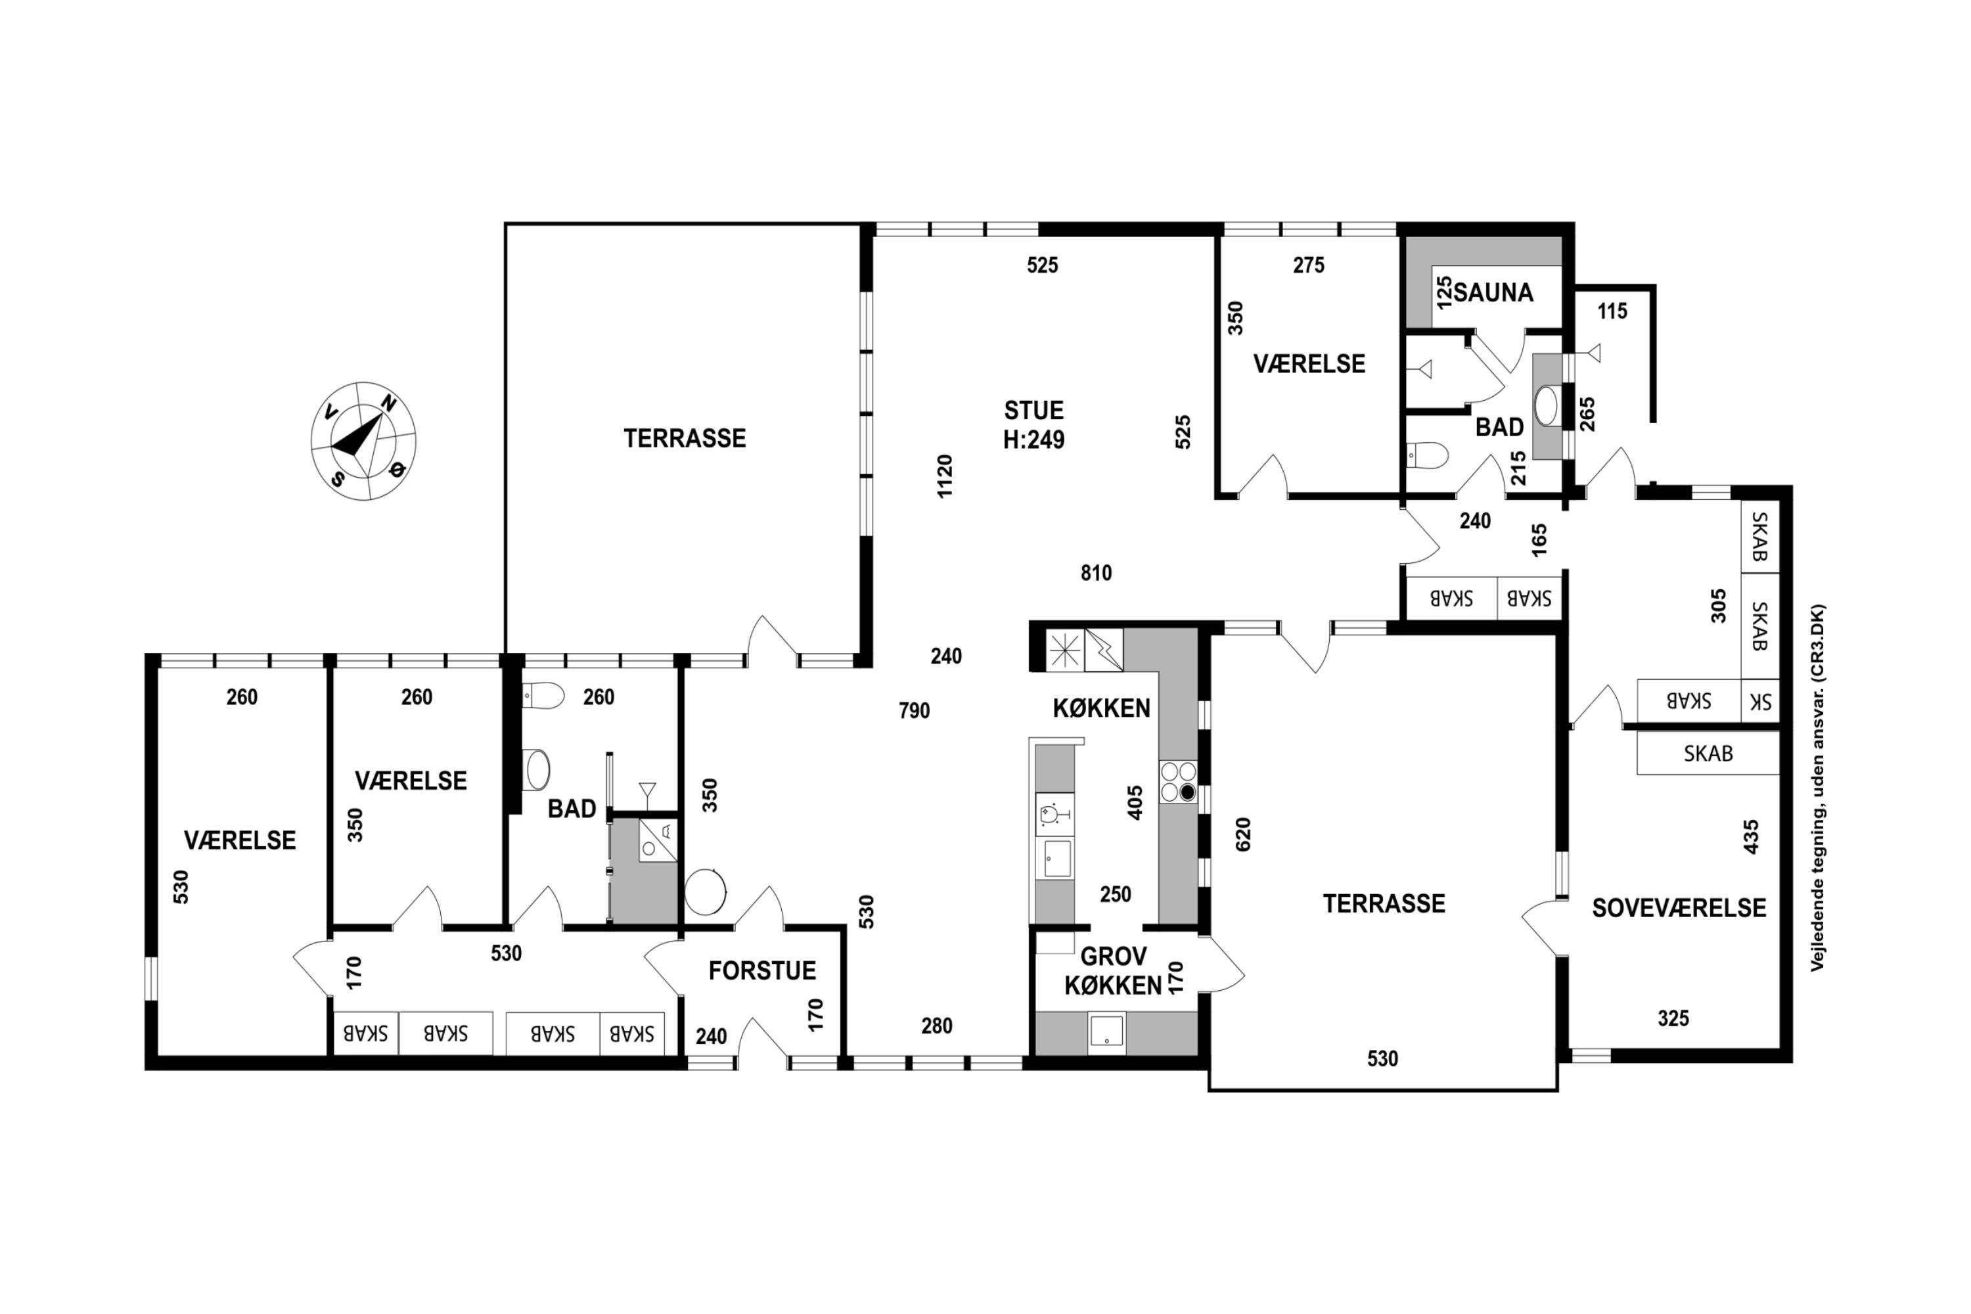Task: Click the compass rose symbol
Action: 363,441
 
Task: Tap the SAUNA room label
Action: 1493,292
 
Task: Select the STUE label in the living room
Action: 1034,411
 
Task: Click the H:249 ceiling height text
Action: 1034,440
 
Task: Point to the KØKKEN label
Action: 1101,708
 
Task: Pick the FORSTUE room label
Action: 761,970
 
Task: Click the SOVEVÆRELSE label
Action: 1679,907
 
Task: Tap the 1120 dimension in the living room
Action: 945,476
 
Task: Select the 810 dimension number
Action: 1096,573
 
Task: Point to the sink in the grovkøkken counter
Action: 1107,1031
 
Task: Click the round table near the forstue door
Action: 706,892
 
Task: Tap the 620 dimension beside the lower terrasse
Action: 1243,834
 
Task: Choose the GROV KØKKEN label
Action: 1113,970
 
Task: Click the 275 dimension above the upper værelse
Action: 1308,265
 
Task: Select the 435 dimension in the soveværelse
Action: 1751,836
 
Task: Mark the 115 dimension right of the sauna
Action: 1612,311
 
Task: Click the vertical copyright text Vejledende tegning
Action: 1817,788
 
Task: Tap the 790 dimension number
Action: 915,711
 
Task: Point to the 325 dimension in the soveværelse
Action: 1673,1018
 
